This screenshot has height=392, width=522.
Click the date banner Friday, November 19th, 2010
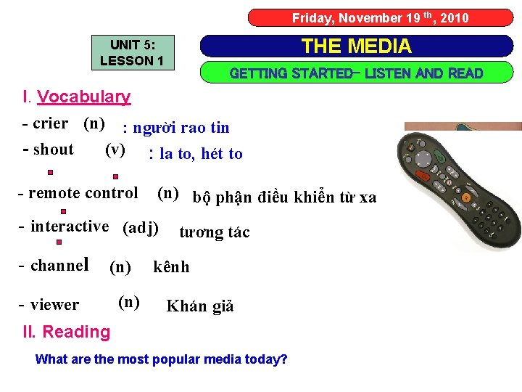click(x=380, y=17)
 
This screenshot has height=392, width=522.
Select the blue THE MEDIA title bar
click(x=356, y=46)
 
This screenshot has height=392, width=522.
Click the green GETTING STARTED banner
click(x=356, y=73)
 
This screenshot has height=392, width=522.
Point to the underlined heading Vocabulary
click(x=83, y=97)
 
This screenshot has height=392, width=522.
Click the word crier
click(x=50, y=123)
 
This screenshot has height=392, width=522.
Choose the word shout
click(x=54, y=150)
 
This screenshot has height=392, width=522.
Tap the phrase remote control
click(x=83, y=193)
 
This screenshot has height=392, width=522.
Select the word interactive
click(x=70, y=226)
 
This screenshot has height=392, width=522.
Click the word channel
click(x=59, y=266)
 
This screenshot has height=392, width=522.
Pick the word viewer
click(x=55, y=305)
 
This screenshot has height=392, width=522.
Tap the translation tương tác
click(x=214, y=232)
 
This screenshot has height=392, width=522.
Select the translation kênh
click(x=171, y=267)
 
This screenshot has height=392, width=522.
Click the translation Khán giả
click(x=200, y=306)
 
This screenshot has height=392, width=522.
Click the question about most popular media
click(x=161, y=359)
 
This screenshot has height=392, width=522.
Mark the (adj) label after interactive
click(x=141, y=228)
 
